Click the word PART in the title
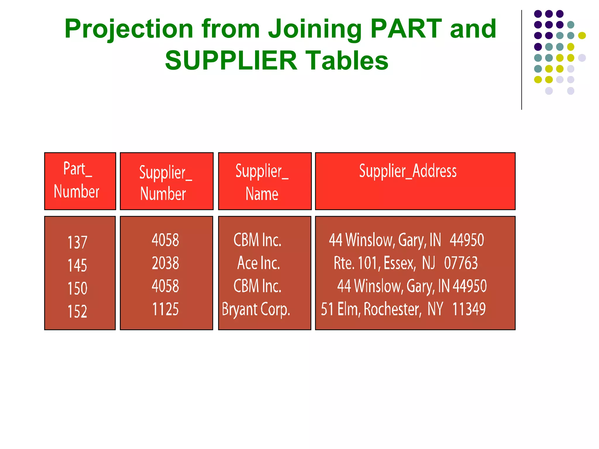[x=406, y=29]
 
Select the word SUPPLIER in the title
[x=231, y=61]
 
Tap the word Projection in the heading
[x=129, y=29]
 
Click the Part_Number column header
[x=77, y=180]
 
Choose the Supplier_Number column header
[x=165, y=183]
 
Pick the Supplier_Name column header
[x=262, y=182]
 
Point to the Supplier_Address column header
[x=408, y=171]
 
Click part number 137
[x=78, y=242]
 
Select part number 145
[x=78, y=265]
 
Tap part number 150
[x=78, y=288]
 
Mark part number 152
[x=78, y=311]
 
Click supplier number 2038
[x=165, y=263]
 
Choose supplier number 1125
[x=165, y=309]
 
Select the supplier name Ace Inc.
[x=259, y=263]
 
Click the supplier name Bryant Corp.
[x=256, y=310]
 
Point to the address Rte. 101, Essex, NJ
[x=384, y=263]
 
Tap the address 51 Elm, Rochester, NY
[x=382, y=309]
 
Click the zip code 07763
[x=461, y=263]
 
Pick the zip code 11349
[x=469, y=309]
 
